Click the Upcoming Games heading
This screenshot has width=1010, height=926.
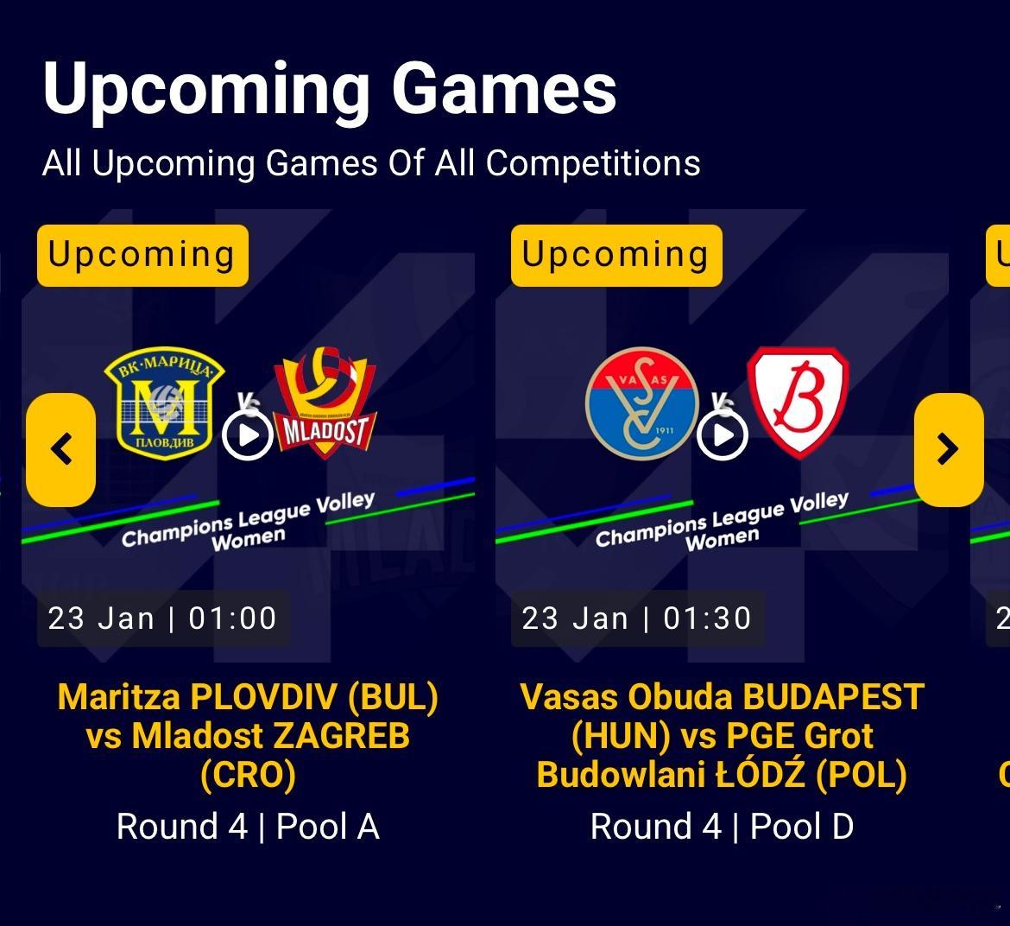coord(330,90)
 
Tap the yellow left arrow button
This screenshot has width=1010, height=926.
coord(61,449)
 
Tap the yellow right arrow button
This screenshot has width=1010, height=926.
coord(948,449)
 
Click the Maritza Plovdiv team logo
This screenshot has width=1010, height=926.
coord(165,404)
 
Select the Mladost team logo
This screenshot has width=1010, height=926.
coord(325,403)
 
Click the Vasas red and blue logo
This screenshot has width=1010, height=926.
coord(642,403)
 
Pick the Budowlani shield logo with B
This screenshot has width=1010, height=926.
coord(799,403)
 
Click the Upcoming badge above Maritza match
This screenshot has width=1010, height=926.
coord(142,255)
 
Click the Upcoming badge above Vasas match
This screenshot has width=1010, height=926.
coord(616,255)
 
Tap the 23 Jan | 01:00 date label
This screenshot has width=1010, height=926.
coord(162,618)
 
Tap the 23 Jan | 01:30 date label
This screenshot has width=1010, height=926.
coord(637,618)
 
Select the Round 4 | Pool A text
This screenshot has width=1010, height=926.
coord(248,826)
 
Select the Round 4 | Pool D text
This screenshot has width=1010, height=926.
coord(722,826)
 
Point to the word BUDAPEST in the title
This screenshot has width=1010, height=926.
coord(834,697)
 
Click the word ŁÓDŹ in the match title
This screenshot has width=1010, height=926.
coord(760,773)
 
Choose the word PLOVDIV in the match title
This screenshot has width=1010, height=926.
coord(264,697)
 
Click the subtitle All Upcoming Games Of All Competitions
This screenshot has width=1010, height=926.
coord(372,163)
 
